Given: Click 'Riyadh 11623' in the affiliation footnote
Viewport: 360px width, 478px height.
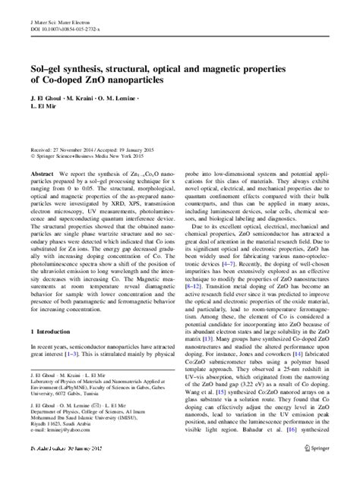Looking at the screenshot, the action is click(x=46, y=447).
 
